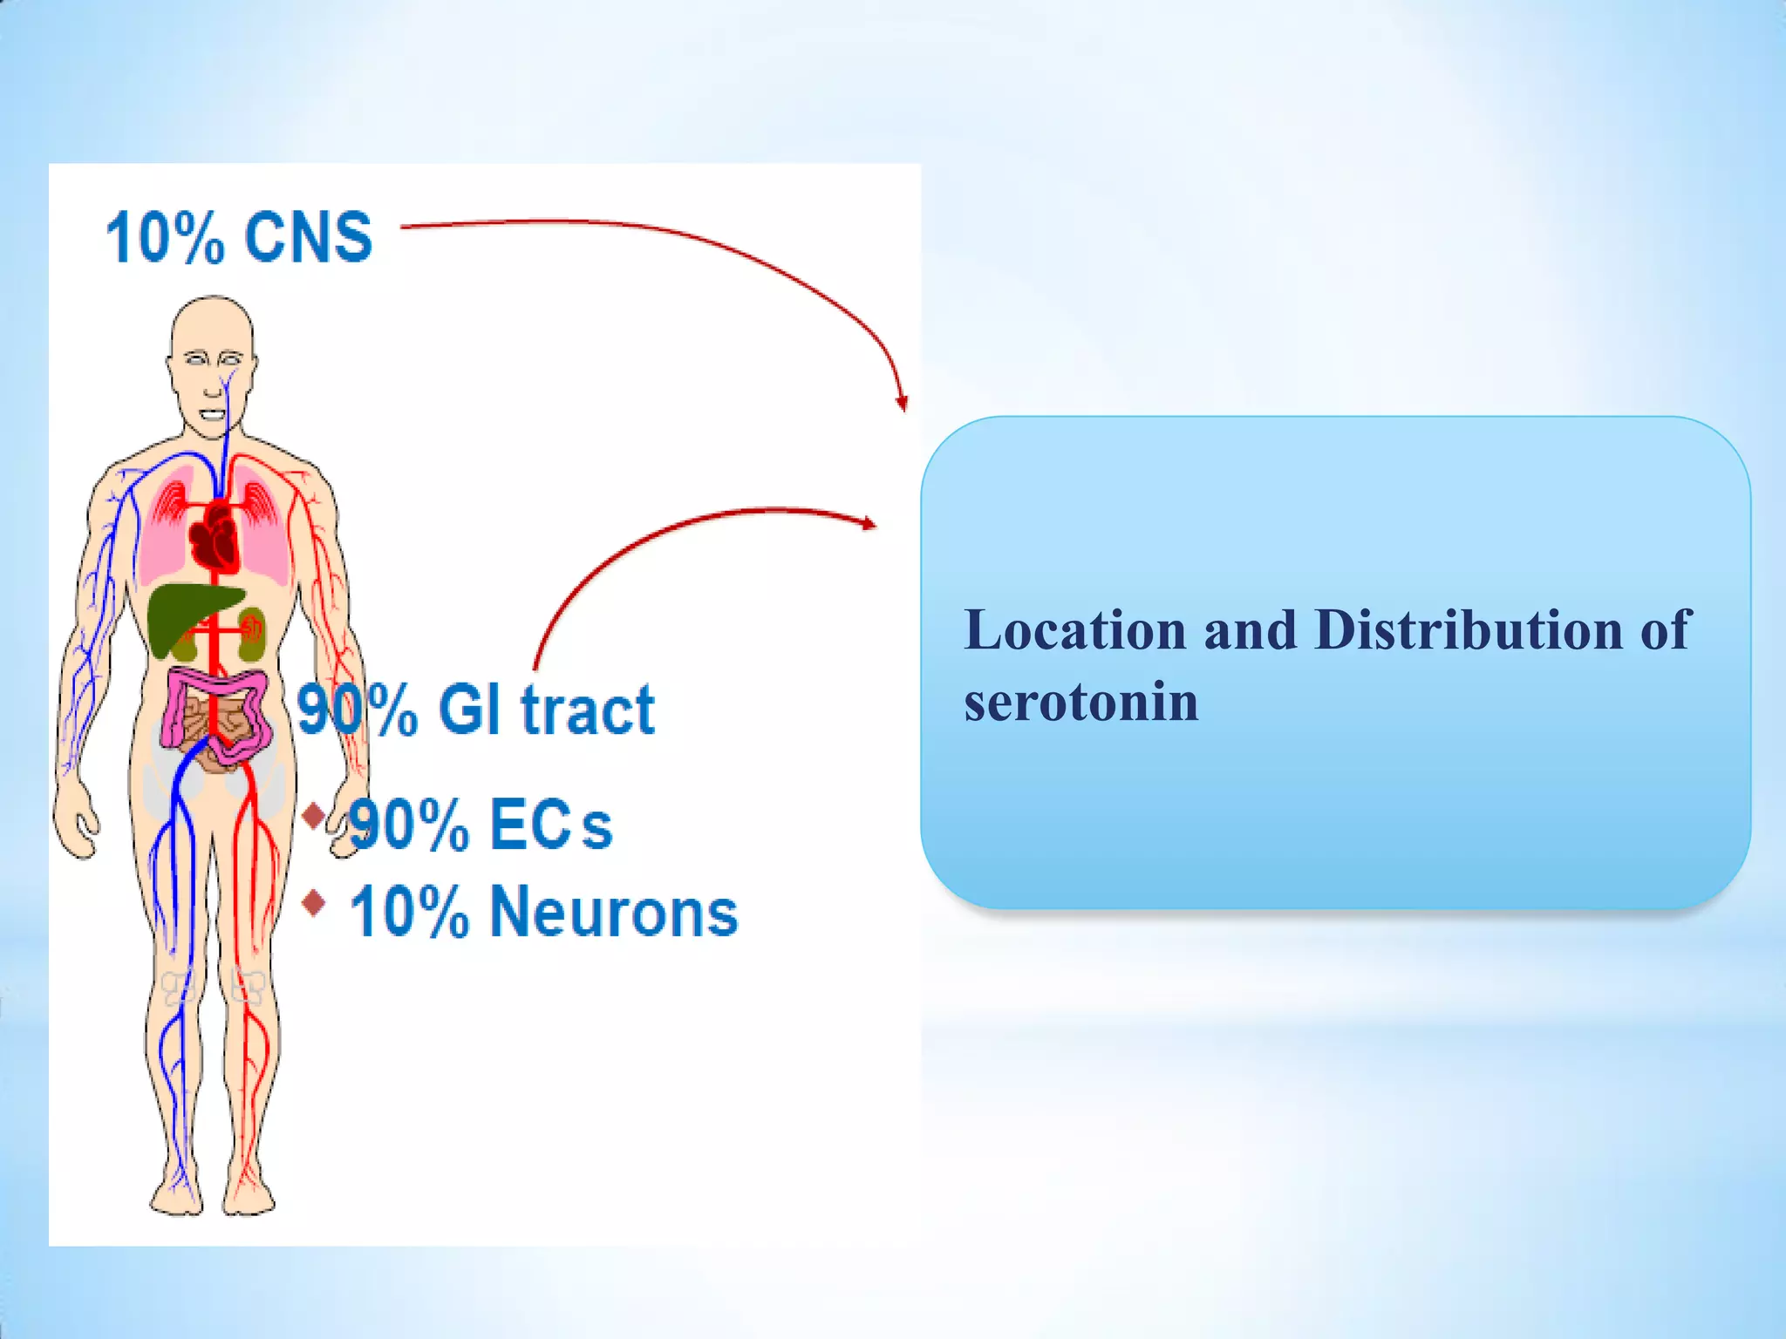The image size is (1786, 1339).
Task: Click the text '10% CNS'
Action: pyautogui.click(x=238, y=237)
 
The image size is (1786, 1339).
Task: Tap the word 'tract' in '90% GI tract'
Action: pyautogui.click(x=587, y=710)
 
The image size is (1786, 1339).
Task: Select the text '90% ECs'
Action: pyautogui.click(x=481, y=824)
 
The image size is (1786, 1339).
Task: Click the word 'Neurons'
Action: pyautogui.click(x=614, y=912)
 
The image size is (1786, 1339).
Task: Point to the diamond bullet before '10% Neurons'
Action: pyautogui.click(x=314, y=903)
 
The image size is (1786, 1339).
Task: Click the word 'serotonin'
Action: pyautogui.click(x=1081, y=702)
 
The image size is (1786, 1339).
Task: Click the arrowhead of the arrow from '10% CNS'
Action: pyautogui.click(x=902, y=403)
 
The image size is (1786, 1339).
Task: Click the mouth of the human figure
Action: pyautogui.click(x=212, y=415)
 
